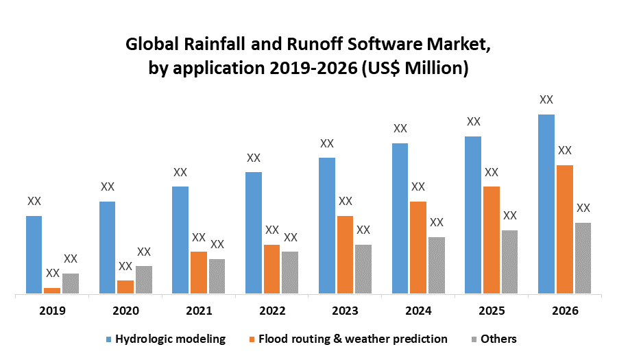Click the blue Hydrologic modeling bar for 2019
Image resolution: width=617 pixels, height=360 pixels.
(x=34, y=255)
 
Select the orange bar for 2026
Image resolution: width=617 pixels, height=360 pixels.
(x=564, y=230)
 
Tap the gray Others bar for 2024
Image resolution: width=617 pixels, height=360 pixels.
(x=437, y=266)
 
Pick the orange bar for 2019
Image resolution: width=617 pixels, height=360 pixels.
(x=52, y=291)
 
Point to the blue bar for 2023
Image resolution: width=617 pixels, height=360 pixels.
(x=327, y=226)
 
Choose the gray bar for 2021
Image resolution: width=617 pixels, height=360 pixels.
(x=217, y=277)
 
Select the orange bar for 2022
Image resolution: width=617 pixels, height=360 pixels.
(x=272, y=269)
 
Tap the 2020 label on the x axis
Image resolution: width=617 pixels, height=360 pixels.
(x=125, y=311)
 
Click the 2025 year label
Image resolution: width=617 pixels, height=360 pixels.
(x=492, y=311)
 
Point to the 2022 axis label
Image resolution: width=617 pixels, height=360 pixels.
(x=272, y=311)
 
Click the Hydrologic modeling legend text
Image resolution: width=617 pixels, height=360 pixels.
(x=171, y=339)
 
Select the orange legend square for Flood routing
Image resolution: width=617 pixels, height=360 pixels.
(x=253, y=339)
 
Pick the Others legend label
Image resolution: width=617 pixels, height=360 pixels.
(x=498, y=339)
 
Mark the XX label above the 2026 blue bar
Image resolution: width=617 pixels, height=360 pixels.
(x=546, y=100)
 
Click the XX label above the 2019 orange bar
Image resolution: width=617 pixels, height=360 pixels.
(x=52, y=274)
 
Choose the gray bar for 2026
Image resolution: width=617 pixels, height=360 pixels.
(x=583, y=259)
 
